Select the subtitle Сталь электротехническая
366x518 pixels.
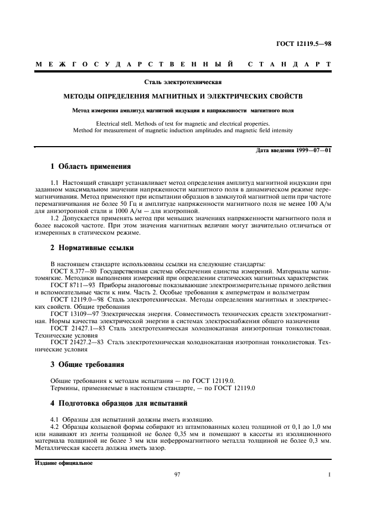pyautogui.click(x=183, y=82)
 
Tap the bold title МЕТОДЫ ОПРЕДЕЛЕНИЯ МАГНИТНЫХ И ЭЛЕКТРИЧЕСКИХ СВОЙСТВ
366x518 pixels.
pyautogui.click(x=183, y=96)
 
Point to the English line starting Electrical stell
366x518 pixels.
pyautogui.click(x=183, y=123)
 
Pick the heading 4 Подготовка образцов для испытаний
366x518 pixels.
pyautogui.click(x=119, y=403)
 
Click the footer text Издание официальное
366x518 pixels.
pyautogui.click(x=63, y=463)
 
